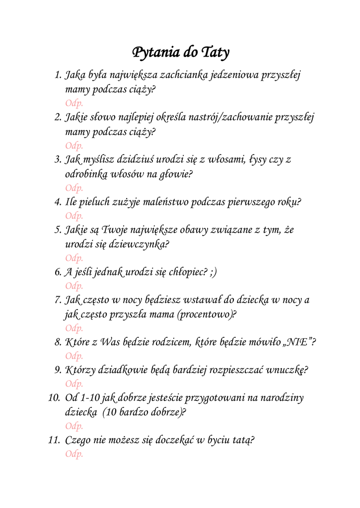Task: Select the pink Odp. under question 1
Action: [x=74, y=103]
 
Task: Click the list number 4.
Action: [x=58, y=202]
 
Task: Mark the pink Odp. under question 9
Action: [x=74, y=383]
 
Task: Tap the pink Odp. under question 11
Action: [x=74, y=454]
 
